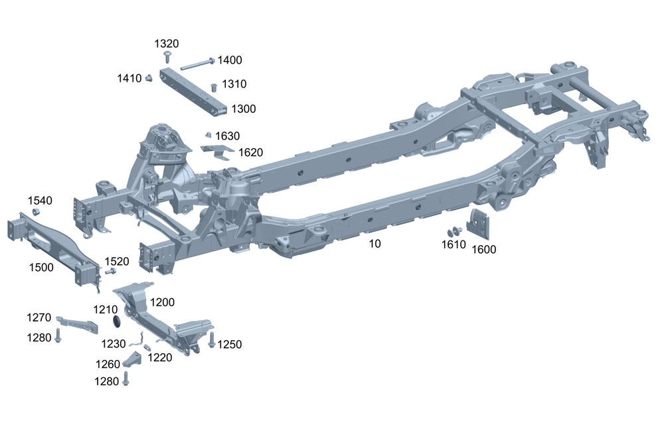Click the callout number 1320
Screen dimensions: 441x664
tap(167, 43)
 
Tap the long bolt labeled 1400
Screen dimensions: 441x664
tap(195, 64)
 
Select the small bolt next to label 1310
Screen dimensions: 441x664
tap(213, 86)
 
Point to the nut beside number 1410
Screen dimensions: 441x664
tap(150, 78)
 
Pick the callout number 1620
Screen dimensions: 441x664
tap(251, 152)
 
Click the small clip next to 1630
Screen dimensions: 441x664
tap(208, 135)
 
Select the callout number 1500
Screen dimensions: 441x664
tap(42, 266)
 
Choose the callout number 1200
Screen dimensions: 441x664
tap(163, 302)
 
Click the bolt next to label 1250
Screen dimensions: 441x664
tap(212, 340)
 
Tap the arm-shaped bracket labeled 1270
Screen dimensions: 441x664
tap(77, 323)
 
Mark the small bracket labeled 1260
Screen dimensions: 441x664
tap(134, 363)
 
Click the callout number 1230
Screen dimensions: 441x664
tap(114, 343)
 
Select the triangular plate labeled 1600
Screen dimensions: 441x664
tap(478, 224)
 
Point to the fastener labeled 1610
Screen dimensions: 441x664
tap(455, 232)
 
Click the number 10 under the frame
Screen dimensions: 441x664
tap(375, 244)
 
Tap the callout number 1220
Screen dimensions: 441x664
tap(160, 357)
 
